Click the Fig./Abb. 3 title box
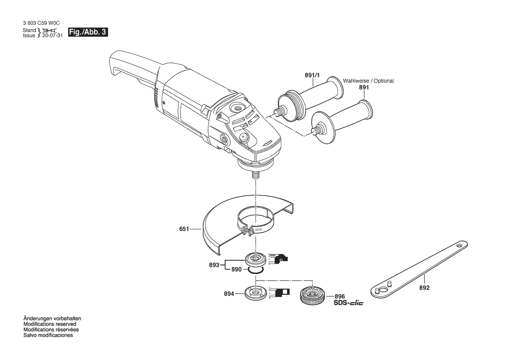[x=88, y=32]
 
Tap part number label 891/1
[x=312, y=75]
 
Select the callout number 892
[x=424, y=288]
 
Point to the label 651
[x=184, y=229]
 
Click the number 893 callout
[x=214, y=265]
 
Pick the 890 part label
[x=236, y=270]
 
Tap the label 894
[x=229, y=294]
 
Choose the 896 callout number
[x=340, y=296]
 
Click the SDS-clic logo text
[x=349, y=303]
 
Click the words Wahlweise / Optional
[x=368, y=81]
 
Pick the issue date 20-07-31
[x=53, y=35]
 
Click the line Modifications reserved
[x=50, y=324]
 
